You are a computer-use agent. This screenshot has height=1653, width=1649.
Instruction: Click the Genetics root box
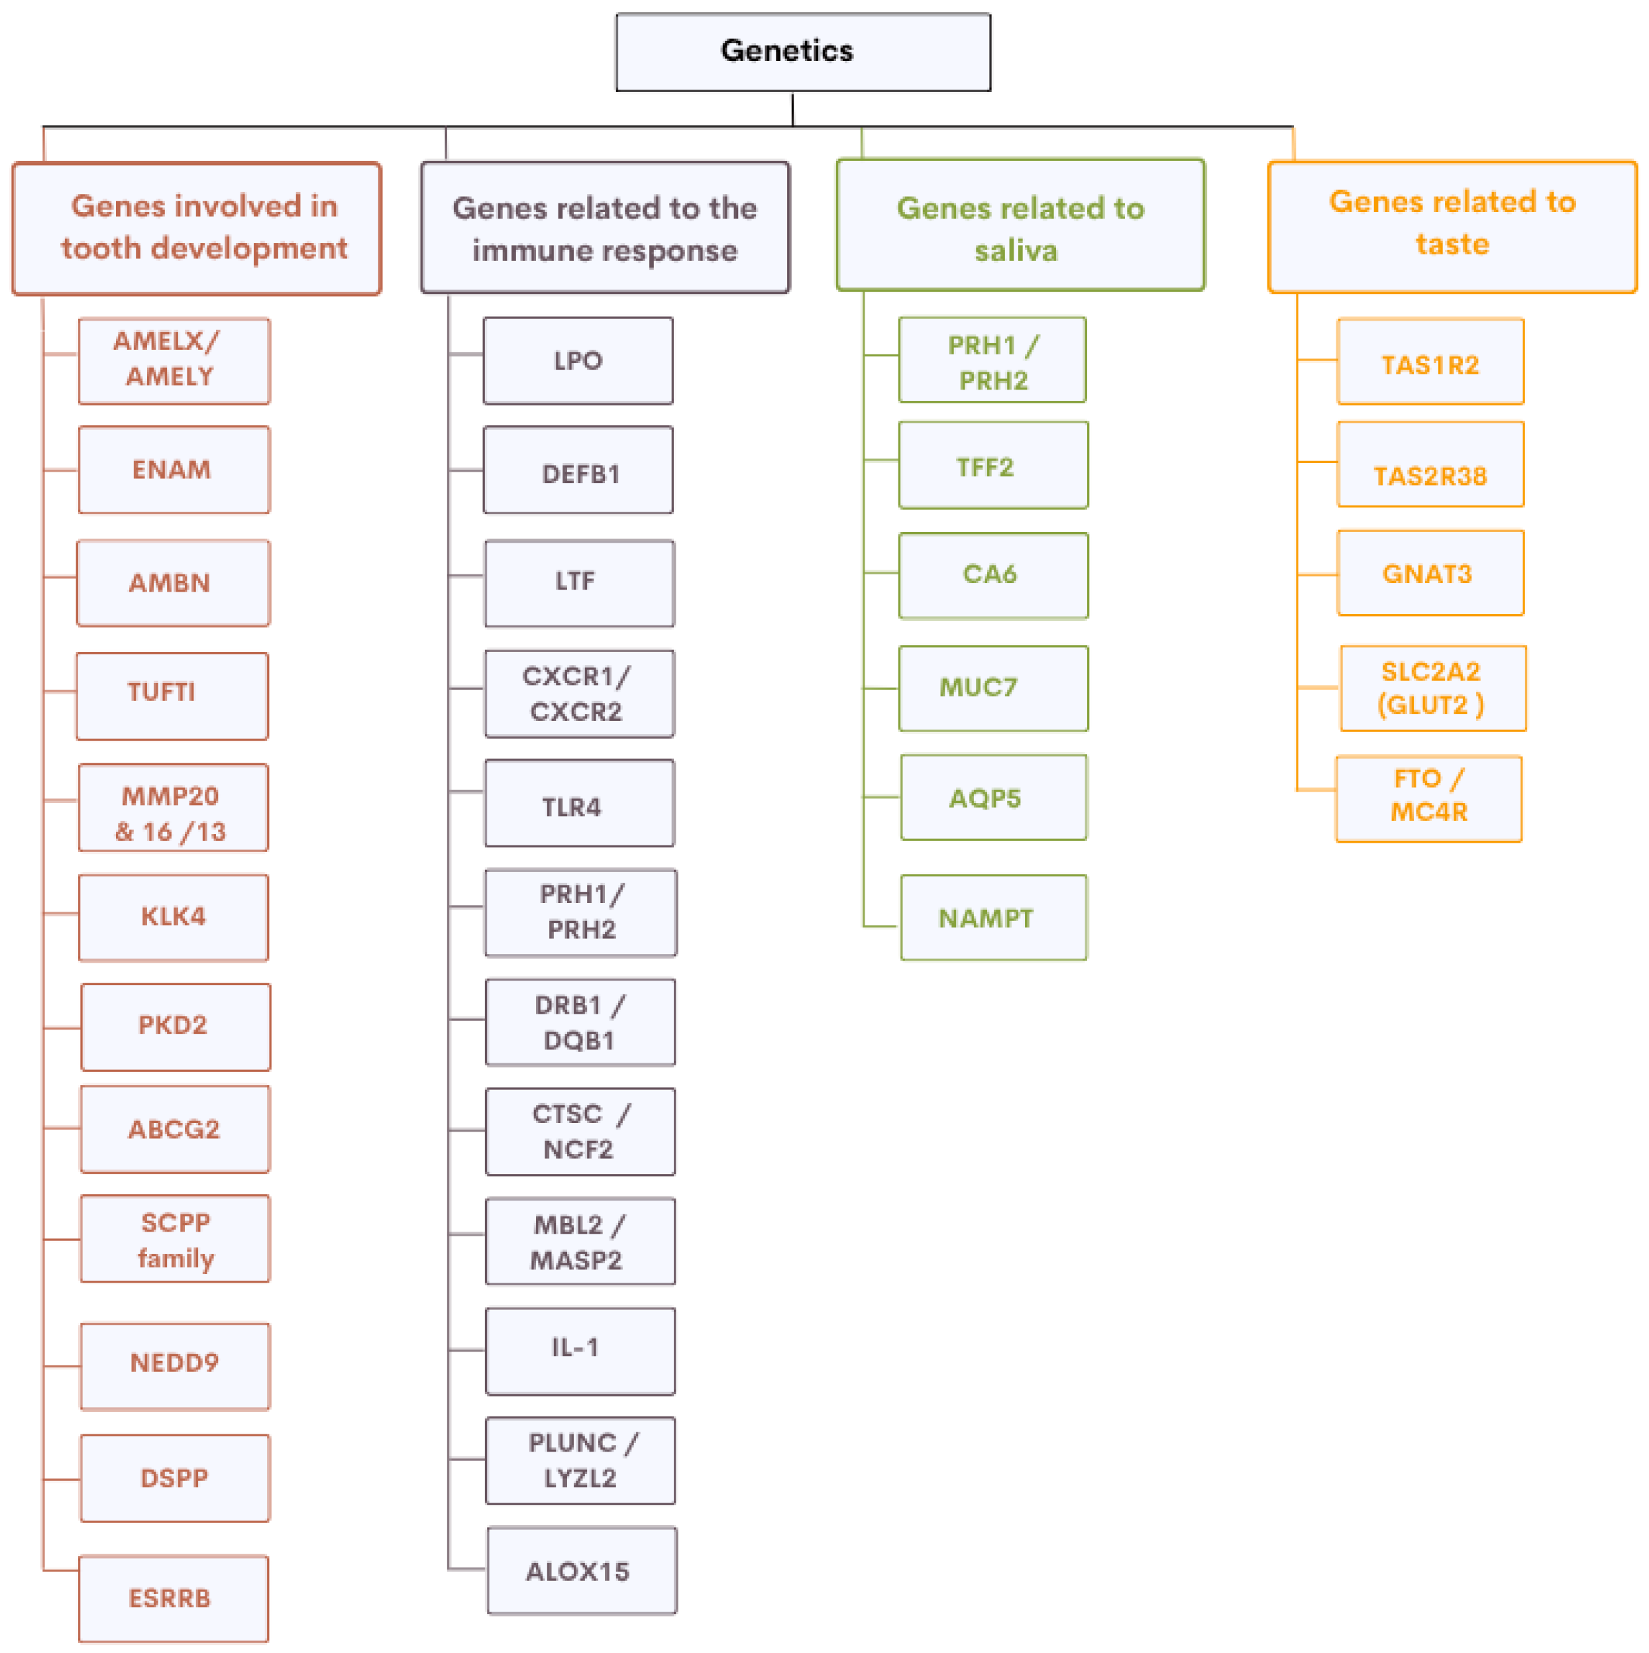tap(803, 51)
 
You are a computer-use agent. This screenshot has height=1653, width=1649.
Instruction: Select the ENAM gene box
tap(174, 470)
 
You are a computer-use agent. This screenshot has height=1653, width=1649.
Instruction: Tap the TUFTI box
tap(172, 696)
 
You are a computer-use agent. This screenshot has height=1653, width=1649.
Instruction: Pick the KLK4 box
tap(174, 917)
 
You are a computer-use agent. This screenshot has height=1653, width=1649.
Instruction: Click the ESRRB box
tap(174, 1597)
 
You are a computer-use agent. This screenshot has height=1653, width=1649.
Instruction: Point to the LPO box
tap(578, 360)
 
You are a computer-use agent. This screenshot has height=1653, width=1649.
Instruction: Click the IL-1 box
tap(579, 1350)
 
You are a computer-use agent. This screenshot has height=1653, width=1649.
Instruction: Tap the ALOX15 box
tap(581, 1570)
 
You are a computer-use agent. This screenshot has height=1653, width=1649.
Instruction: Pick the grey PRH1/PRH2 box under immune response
tap(580, 912)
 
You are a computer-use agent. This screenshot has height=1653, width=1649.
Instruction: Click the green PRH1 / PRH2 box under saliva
tap(992, 360)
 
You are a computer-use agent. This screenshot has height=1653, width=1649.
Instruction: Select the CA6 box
tap(992, 575)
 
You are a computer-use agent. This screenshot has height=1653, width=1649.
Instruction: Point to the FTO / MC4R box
tap(1428, 798)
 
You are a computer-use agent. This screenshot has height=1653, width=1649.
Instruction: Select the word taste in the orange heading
tap(1452, 244)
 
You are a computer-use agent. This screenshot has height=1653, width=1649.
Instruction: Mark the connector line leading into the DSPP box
tap(62, 1479)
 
